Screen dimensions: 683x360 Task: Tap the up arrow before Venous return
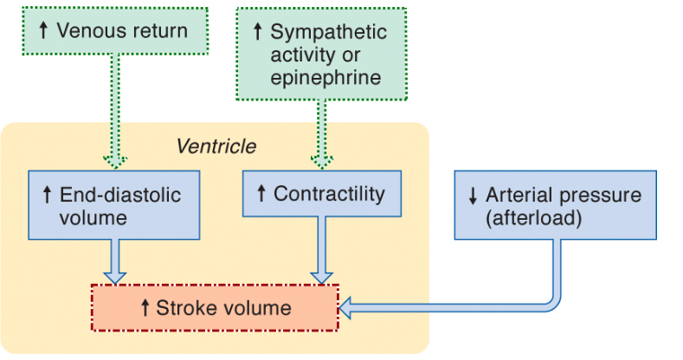43,30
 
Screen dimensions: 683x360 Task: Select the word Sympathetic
328,33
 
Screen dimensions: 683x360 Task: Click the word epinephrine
325,79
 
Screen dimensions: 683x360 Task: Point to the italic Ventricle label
216,146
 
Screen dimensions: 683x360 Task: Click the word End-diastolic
120,195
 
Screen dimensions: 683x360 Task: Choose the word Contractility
329,194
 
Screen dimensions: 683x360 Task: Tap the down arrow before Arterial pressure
473,196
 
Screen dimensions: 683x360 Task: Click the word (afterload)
534,218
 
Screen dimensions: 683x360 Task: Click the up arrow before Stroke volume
145,308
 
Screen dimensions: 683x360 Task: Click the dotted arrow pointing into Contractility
322,134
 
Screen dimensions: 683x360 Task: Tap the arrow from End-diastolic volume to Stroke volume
115,261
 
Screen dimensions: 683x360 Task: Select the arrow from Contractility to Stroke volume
321,250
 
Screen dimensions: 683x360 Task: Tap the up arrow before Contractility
261,193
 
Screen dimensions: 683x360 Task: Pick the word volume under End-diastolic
93,218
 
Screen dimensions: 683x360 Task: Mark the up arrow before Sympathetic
258,31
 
